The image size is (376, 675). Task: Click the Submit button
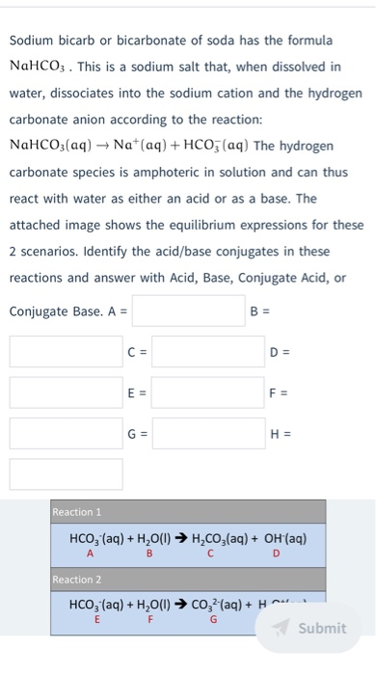311,628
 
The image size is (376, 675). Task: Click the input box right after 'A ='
189,311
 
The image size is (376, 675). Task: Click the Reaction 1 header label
77,511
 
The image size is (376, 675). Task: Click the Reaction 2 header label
77,580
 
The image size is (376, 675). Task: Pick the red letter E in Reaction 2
95,622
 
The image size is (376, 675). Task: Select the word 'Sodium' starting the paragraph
33,40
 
